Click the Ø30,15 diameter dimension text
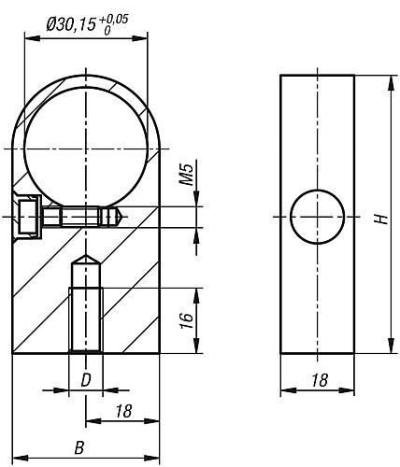coord(70,24)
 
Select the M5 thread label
coord(188,175)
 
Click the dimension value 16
coord(187,319)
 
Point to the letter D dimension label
coord(86,380)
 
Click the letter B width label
coord(79,448)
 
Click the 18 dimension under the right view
coord(320,380)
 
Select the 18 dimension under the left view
coord(123,411)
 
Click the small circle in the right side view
coord(318,217)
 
